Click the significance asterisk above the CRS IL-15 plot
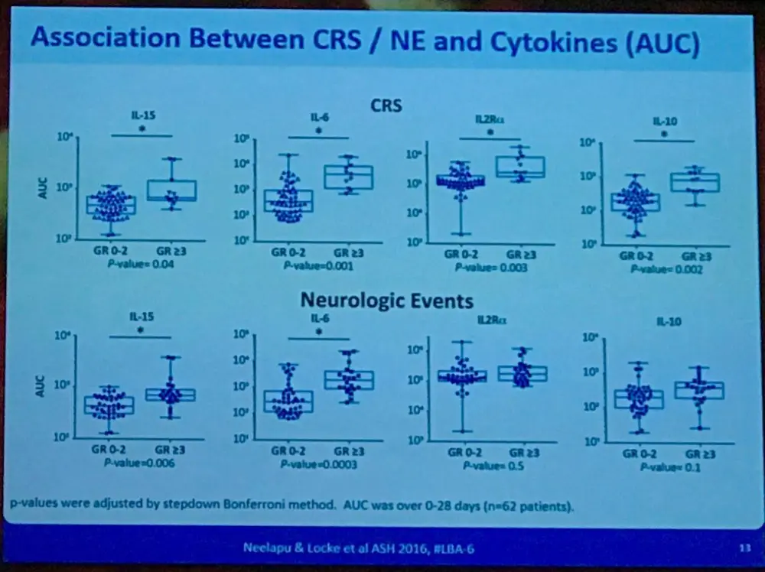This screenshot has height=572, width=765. tap(142, 128)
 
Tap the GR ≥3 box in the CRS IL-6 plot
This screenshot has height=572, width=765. tap(348, 177)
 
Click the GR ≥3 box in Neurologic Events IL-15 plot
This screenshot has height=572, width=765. tap(171, 395)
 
